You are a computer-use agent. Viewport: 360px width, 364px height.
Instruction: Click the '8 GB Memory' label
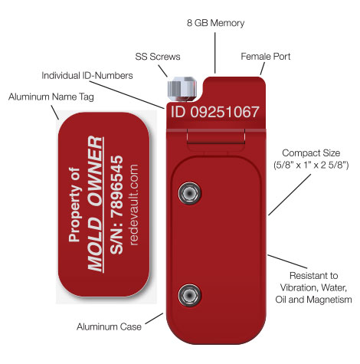pyautogui.click(x=215, y=23)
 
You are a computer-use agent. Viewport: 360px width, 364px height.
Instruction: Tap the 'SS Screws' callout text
pyautogui.click(x=158, y=57)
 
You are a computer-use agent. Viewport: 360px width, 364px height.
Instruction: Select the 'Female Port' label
pyautogui.click(x=266, y=57)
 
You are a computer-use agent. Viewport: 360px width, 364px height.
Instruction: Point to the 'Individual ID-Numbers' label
pyautogui.click(x=87, y=76)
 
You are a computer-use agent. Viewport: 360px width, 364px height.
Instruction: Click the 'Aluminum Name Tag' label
pyautogui.click(x=51, y=97)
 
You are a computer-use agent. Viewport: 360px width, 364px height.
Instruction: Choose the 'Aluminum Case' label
pyautogui.click(x=109, y=326)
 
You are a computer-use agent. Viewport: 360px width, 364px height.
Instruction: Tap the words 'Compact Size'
pyautogui.click(x=311, y=153)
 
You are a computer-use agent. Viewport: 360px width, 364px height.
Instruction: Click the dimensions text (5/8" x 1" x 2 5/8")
pyautogui.click(x=311, y=165)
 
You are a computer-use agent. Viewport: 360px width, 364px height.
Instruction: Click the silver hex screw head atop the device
pyautogui.click(x=182, y=88)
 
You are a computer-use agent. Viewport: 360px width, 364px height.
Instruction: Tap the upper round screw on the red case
pyautogui.click(x=189, y=193)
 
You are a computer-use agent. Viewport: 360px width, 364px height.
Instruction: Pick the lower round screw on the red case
pyautogui.click(x=189, y=295)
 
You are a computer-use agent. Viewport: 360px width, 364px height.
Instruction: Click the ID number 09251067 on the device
pyautogui.click(x=225, y=112)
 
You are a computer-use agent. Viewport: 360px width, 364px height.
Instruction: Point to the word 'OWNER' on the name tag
pyautogui.click(x=96, y=172)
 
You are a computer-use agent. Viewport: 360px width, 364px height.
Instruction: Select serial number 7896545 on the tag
pyautogui.click(x=117, y=186)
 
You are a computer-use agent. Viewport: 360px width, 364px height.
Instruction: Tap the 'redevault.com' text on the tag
pyautogui.click(x=134, y=205)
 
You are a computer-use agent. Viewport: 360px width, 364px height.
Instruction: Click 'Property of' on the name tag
pyautogui.click(x=75, y=205)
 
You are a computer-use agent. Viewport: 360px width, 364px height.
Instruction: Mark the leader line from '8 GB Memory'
pyautogui.click(x=215, y=53)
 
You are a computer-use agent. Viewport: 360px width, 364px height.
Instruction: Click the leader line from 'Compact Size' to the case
pyautogui.click(x=290, y=195)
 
